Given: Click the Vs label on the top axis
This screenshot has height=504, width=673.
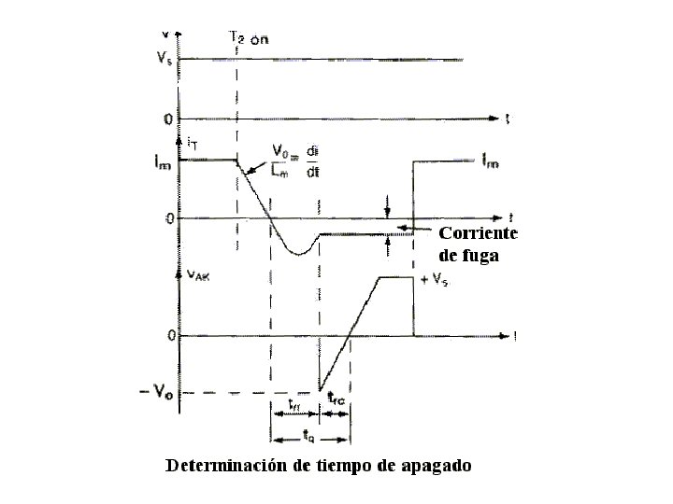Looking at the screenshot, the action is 165,59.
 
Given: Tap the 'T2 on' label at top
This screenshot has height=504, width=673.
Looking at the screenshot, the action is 248,37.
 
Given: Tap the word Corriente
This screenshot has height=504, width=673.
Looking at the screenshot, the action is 477,233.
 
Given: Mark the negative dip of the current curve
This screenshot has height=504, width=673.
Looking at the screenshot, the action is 297,253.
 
